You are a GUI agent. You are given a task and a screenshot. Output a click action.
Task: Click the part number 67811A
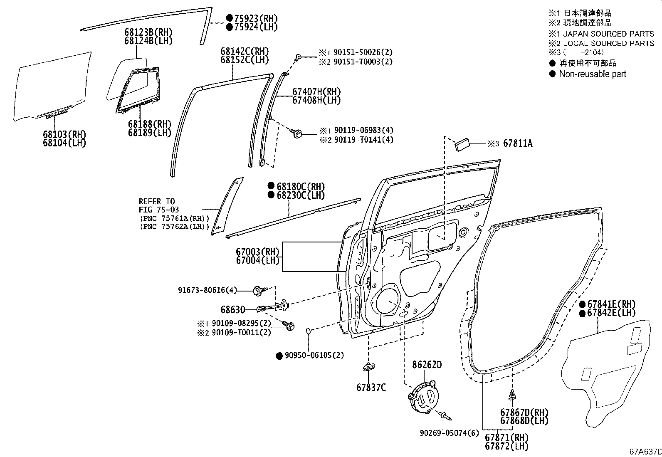(517, 143)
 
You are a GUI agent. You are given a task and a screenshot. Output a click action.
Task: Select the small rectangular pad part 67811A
(462, 145)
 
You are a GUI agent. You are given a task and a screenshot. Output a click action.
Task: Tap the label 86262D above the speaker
(427, 365)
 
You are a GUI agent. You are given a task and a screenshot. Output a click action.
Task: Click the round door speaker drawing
(423, 397)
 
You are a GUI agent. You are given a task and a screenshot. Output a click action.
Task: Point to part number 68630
(233, 310)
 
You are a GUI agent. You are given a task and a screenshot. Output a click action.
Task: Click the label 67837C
(371, 388)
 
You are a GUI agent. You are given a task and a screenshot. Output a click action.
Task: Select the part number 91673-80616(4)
(207, 290)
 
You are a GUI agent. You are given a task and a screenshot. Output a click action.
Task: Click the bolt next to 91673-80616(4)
(260, 290)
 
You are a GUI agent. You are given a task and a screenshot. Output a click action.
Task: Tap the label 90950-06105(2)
(314, 355)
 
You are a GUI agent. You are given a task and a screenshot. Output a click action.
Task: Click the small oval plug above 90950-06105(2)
(308, 331)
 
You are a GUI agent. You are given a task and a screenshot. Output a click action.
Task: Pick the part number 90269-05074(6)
(449, 433)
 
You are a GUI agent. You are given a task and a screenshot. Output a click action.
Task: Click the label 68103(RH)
(64, 134)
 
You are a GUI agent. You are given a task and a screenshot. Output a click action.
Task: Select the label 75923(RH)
(256, 18)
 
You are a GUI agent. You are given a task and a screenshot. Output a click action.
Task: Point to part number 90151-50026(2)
(363, 52)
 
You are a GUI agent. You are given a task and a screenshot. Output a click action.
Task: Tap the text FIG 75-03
(159, 210)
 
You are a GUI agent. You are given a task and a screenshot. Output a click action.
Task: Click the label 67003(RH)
(257, 252)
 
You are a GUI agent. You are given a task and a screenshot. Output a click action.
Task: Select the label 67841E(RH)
(611, 304)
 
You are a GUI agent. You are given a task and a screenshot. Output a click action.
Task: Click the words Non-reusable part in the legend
(593, 74)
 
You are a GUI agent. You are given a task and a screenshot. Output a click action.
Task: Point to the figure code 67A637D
(645, 452)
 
